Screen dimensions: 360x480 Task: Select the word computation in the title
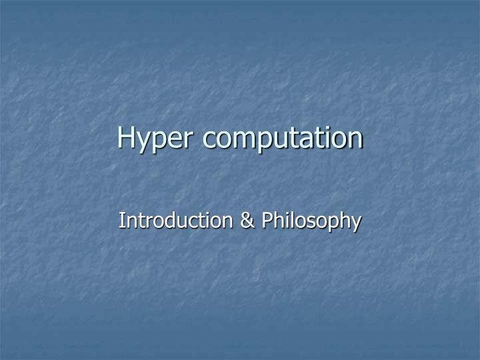click(283, 138)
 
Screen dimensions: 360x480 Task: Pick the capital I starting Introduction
click(121, 220)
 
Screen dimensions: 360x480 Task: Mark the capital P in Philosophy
click(267, 220)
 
